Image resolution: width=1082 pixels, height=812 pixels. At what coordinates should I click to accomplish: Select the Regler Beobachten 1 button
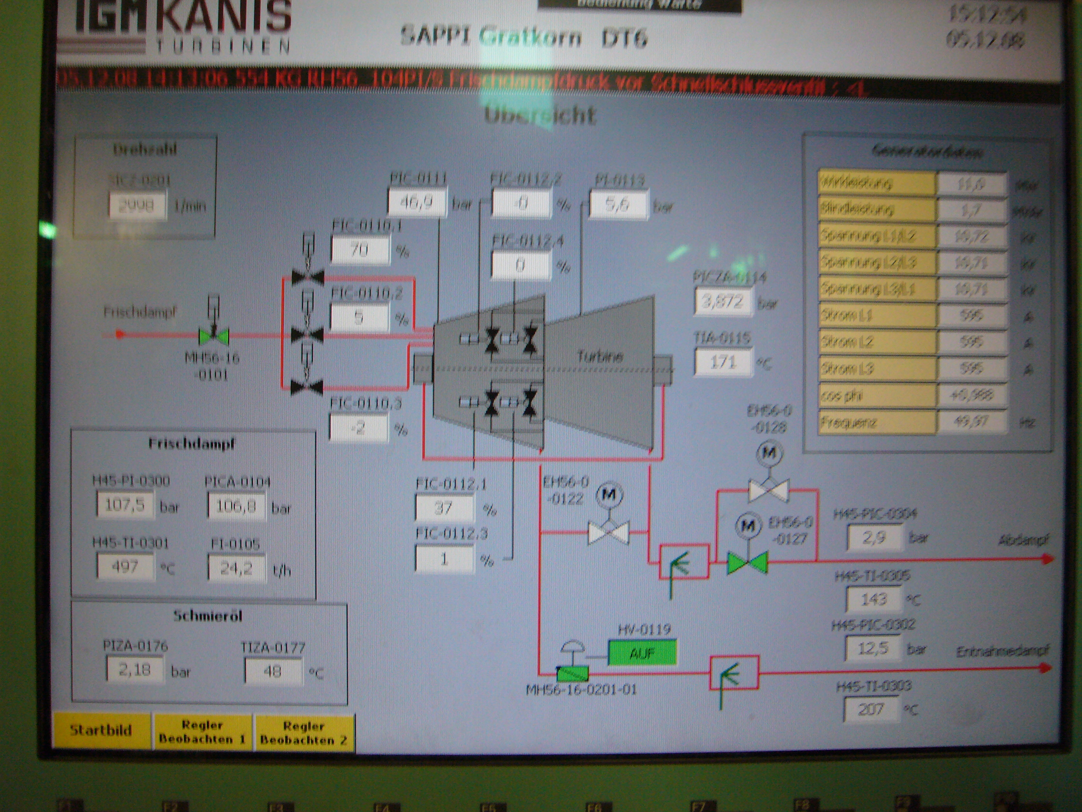[x=202, y=732]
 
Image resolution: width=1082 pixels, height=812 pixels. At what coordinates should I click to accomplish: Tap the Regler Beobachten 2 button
[x=304, y=733]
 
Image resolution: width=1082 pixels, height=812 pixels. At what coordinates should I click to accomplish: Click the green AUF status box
[x=642, y=653]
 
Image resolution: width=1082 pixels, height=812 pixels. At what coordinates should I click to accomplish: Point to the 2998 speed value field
[x=136, y=206]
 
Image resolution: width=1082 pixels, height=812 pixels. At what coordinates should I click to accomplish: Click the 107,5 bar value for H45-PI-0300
[x=125, y=505]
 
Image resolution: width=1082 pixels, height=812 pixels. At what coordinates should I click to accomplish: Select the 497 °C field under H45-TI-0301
[x=125, y=567]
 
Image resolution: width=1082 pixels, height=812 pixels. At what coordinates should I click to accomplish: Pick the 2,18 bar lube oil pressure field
[x=134, y=669]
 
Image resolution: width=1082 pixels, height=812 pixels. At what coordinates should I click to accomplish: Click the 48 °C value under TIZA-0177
[x=272, y=671]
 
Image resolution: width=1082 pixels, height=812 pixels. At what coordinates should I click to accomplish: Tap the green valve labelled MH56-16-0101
[x=214, y=336]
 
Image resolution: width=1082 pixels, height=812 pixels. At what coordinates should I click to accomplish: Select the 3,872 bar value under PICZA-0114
[x=722, y=301]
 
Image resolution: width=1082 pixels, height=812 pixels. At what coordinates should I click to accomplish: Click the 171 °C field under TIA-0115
[x=722, y=363]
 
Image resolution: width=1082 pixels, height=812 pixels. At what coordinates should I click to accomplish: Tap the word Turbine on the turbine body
[x=600, y=356]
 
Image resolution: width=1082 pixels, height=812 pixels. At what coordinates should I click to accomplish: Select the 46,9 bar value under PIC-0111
[x=416, y=202]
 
